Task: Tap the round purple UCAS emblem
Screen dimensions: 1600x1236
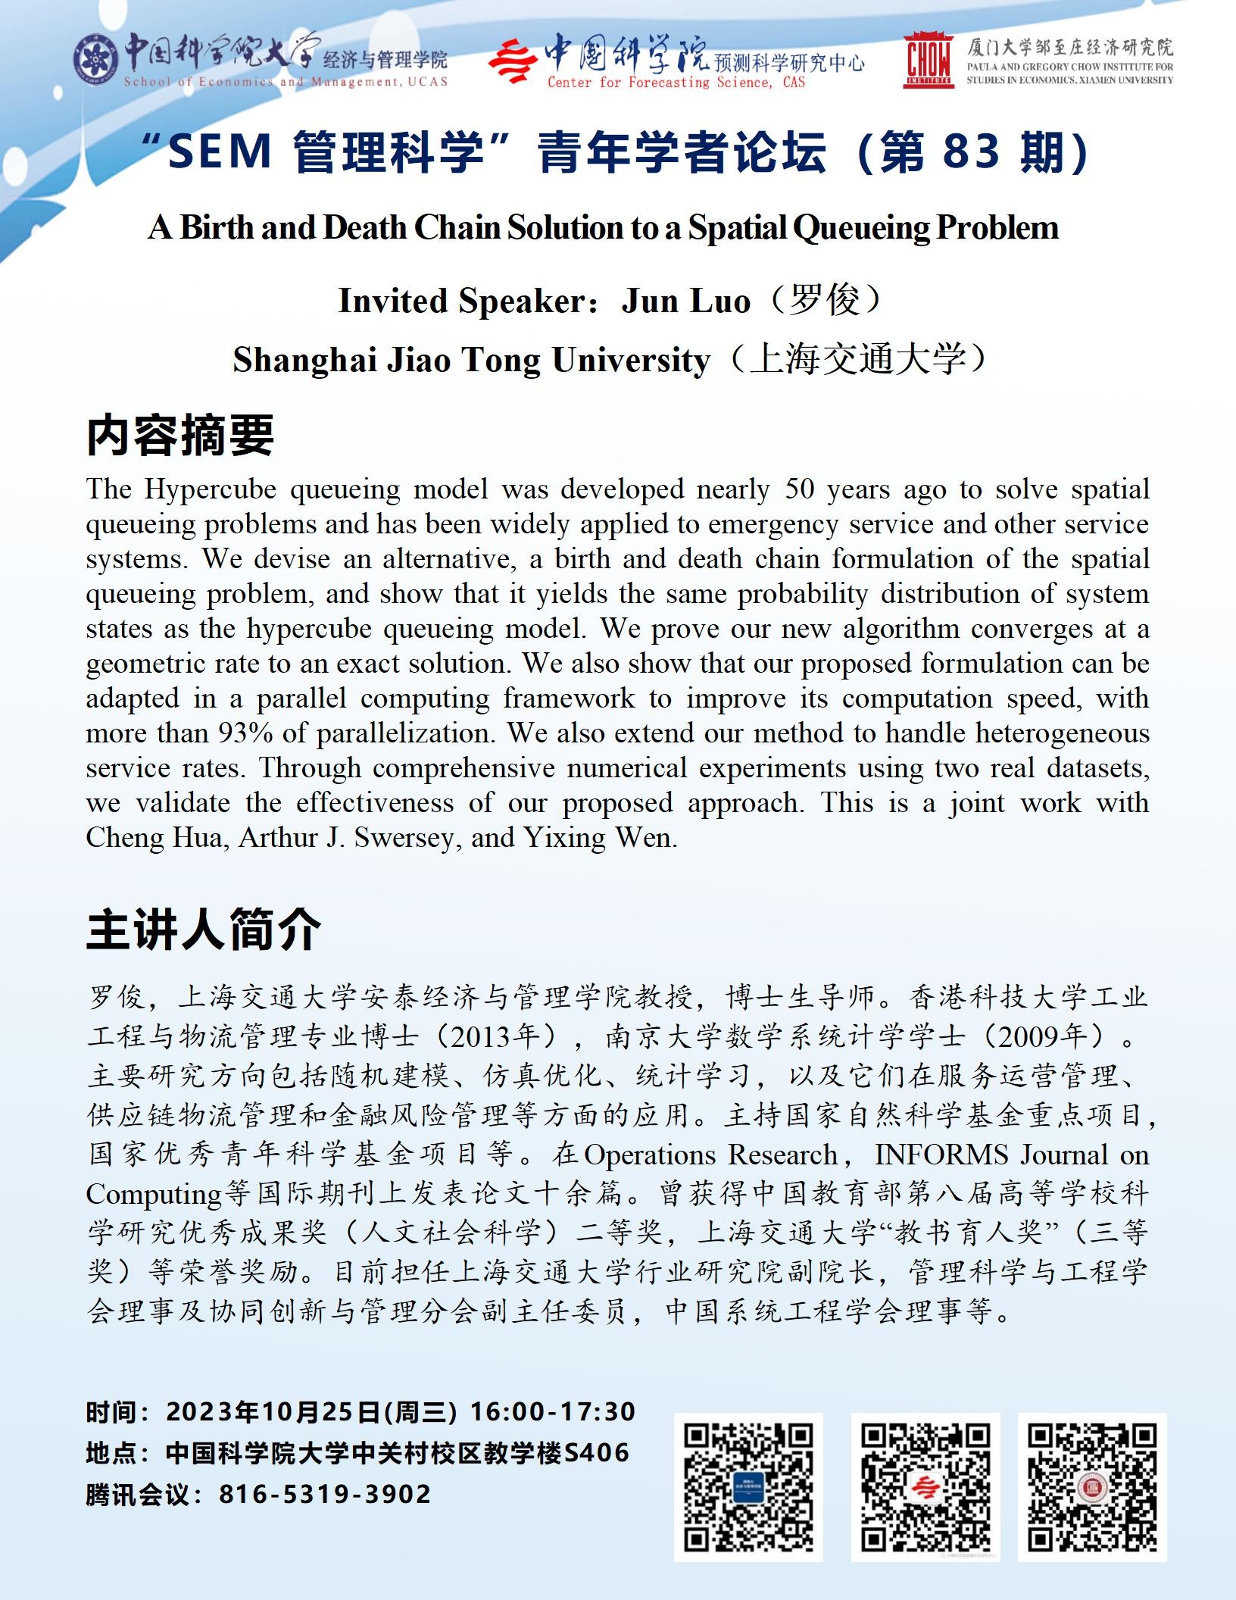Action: pos(96,58)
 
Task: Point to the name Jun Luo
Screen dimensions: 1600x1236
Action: pos(685,301)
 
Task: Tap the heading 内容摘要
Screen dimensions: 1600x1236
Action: pos(180,436)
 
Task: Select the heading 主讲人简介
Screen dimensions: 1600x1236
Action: pos(203,930)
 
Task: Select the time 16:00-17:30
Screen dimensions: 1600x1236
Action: pos(553,1411)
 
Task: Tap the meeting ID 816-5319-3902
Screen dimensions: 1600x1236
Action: pos(325,1494)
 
